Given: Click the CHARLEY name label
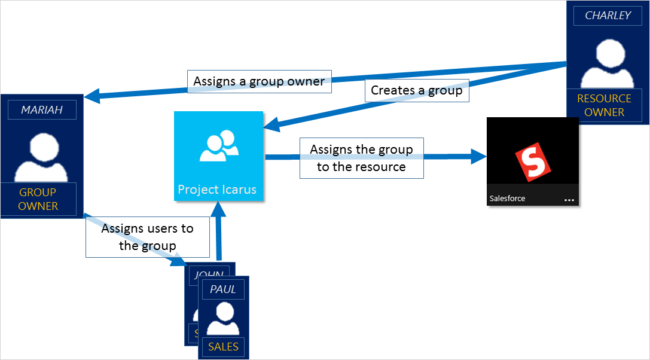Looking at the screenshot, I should (x=608, y=16).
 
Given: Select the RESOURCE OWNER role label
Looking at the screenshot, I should (x=604, y=105).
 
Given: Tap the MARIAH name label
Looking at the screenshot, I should (x=41, y=110).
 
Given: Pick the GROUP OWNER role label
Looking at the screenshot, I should (x=38, y=199).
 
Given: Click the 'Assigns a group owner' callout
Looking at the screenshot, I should (x=259, y=81).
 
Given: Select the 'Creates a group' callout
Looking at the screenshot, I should (x=416, y=90).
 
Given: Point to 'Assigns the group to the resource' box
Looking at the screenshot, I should (x=361, y=158).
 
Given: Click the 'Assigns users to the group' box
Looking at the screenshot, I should (x=147, y=237).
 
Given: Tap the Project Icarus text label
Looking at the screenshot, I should (x=217, y=190).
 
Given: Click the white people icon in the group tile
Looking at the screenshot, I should (x=218, y=147).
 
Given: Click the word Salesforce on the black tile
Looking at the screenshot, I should (x=508, y=198).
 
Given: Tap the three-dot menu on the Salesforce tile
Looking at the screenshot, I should (x=569, y=200).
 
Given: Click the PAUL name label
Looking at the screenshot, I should (x=222, y=289).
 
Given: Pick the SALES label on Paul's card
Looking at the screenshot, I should (x=223, y=346).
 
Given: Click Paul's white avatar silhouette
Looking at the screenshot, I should (x=223, y=318).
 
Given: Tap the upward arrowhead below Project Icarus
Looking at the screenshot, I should (x=219, y=209).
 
